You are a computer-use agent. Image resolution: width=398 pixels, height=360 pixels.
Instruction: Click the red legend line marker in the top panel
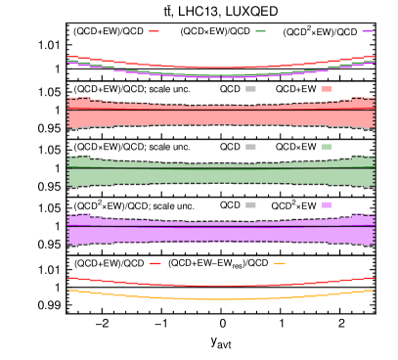click(154, 31)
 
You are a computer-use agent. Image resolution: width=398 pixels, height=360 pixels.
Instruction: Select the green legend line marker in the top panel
click(260, 31)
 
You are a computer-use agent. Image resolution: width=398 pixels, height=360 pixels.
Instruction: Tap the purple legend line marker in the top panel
click(367, 31)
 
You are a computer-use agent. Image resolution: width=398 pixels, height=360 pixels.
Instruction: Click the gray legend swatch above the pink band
click(250, 89)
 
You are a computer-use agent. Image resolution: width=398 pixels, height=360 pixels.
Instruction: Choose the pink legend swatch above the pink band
click(327, 89)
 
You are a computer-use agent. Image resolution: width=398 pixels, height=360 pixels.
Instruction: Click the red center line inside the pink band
click(221, 109)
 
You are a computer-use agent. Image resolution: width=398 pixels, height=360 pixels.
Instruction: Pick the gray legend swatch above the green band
click(250, 147)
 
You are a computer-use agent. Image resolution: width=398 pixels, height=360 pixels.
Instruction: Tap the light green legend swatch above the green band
click(327, 147)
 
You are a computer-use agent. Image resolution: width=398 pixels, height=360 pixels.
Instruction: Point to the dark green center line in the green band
click(221, 168)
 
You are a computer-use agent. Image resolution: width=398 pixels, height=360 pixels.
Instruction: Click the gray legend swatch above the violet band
click(250, 204)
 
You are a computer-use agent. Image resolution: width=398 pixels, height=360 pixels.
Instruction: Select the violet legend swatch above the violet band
click(327, 204)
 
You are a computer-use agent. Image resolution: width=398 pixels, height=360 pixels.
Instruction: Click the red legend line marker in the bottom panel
click(155, 263)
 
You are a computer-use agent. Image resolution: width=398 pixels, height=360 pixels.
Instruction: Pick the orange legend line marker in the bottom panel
click(280, 263)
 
